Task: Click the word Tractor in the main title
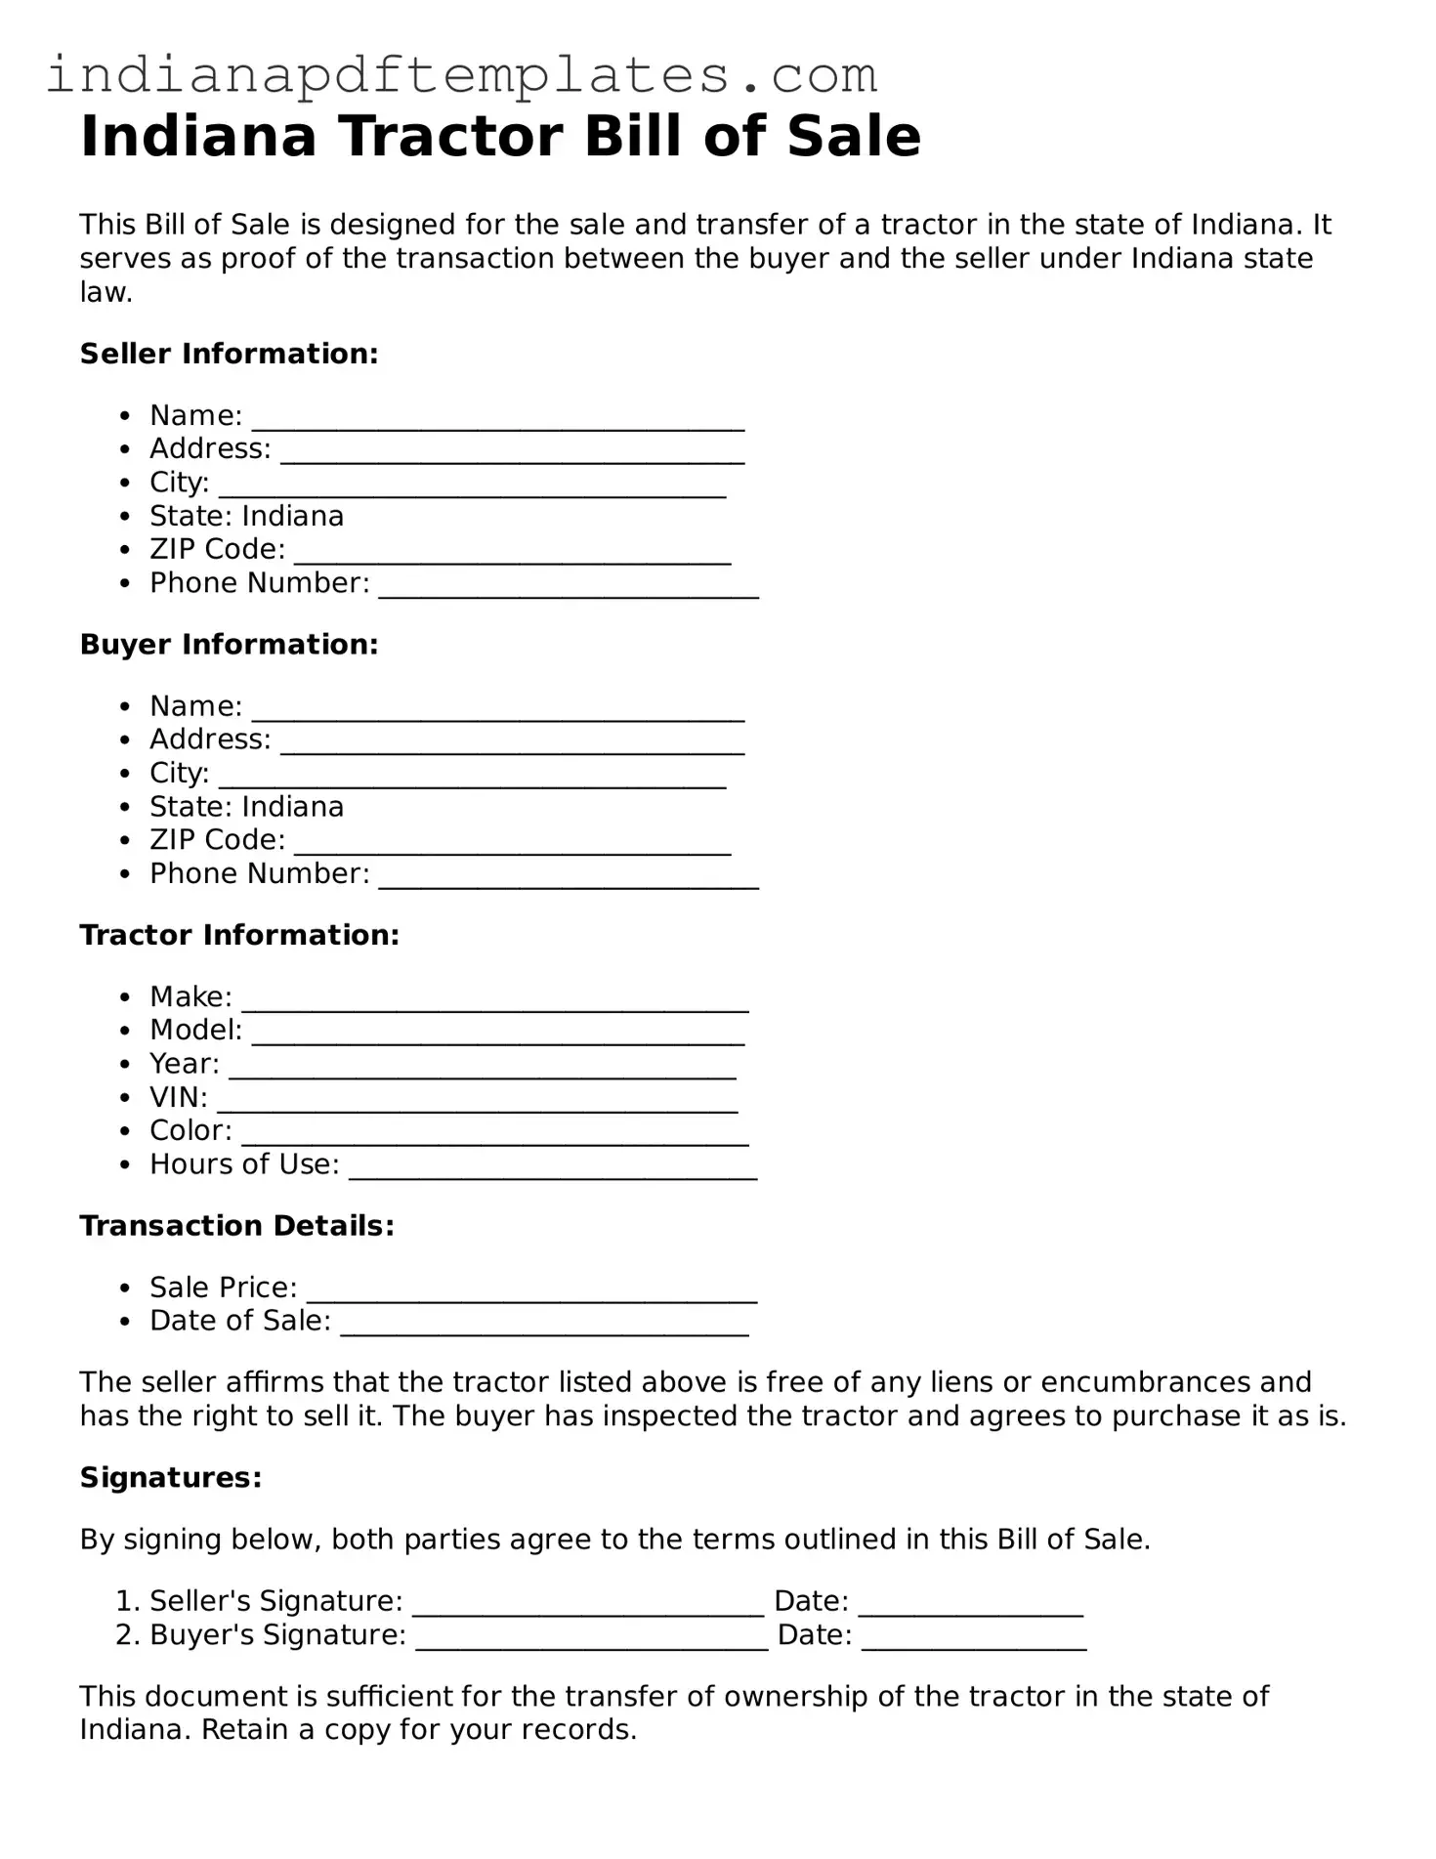[450, 137]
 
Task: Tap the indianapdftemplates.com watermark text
[462, 75]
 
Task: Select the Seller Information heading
[229, 354]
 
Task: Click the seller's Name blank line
[498, 420]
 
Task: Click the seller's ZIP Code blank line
[512, 554]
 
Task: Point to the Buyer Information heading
[229, 645]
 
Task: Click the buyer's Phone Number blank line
[569, 878]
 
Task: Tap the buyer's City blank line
[472, 778]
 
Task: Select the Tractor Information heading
[239, 935]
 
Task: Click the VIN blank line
[477, 1102]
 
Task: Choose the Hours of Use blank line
[553, 1169]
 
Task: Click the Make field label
[190, 996]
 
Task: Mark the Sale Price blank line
[531, 1292]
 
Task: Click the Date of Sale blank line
[545, 1326]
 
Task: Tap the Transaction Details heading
[237, 1226]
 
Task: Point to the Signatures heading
[171, 1478]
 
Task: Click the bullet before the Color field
[124, 1131]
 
